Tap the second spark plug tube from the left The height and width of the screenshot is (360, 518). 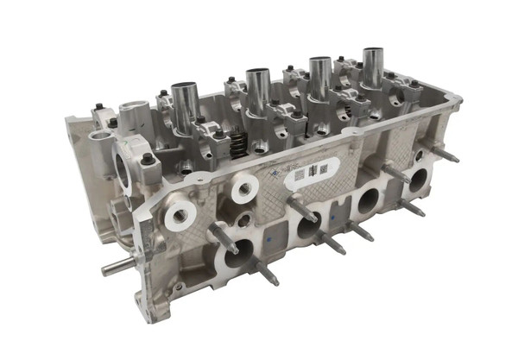pyautogui.click(x=257, y=90)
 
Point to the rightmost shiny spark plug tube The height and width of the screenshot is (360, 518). pyautogui.click(x=373, y=66)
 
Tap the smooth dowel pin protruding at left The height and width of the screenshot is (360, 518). pyautogui.click(x=117, y=267)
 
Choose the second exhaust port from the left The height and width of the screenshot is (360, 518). pyautogui.click(x=308, y=227)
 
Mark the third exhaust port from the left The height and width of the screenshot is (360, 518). pyautogui.click(x=368, y=202)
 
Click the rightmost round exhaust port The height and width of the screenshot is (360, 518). pyautogui.click(x=418, y=180)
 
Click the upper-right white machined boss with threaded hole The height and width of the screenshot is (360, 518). pyautogui.click(x=244, y=185)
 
